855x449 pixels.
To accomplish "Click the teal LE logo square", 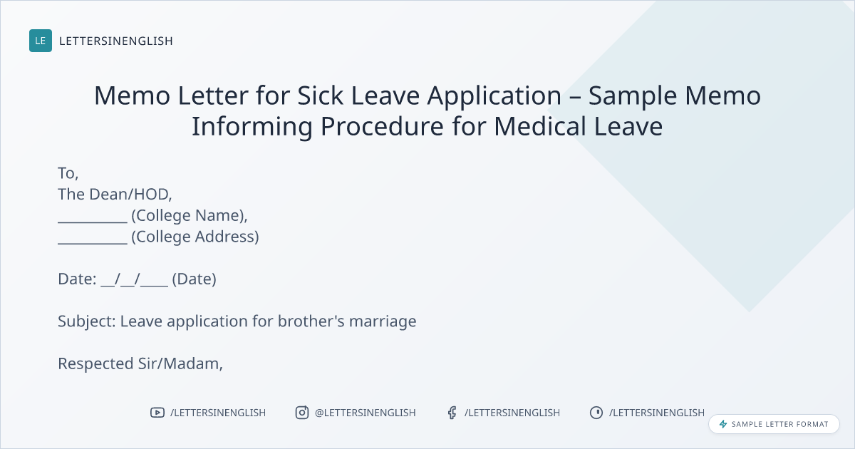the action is (41, 41).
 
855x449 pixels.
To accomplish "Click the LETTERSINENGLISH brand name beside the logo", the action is (116, 41).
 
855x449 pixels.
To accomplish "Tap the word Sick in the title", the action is (320, 96).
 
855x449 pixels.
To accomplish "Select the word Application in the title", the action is (494, 96).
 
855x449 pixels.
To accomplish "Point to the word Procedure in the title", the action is (382, 126).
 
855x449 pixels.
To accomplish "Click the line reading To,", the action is (68, 173).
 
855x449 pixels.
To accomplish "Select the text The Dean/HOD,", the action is (115, 195).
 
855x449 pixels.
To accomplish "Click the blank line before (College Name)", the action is (93, 222).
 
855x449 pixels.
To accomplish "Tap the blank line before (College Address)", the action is (93, 243).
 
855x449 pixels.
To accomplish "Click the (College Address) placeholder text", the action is (195, 237).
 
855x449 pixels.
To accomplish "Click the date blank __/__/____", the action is (135, 279).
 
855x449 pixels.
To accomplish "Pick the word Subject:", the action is (87, 321).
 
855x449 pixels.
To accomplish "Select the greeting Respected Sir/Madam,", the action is (140, 364).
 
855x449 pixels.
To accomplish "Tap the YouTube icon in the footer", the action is (157, 413).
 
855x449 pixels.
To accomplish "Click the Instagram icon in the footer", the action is (302, 413).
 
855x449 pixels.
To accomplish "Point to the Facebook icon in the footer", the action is (452, 413).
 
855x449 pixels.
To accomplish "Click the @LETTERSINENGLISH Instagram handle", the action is (366, 413).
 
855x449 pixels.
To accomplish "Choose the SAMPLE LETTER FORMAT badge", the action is (774, 424).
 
